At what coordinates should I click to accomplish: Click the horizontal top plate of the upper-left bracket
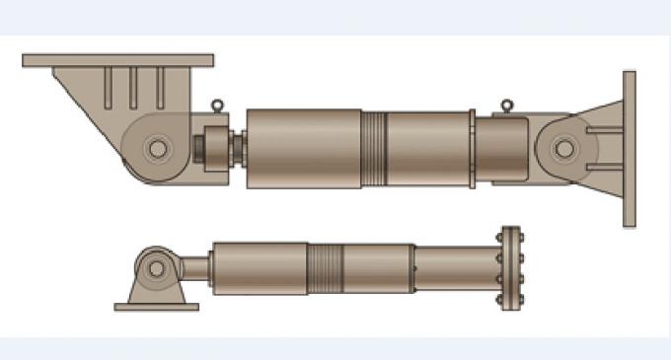pos(117,60)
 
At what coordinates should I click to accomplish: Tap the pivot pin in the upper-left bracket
pos(156,149)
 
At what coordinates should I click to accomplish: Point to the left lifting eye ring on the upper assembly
pos(217,103)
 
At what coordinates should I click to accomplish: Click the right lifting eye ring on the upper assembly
pos(506,105)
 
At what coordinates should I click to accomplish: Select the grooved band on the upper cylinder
pos(373,148)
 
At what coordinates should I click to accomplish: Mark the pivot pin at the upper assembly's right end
pos(563,149)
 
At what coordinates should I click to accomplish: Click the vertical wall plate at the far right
pos(629,148)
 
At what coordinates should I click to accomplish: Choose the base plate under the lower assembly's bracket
pos(156,307)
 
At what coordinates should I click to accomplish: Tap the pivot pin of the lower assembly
pos(156,267)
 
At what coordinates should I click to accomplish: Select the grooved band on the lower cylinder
pos(326,267)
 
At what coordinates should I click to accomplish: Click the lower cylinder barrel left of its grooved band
pos(259,267)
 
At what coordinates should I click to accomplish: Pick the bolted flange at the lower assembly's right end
pos(509,267)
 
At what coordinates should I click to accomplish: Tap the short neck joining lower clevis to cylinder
pos(195,267)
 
